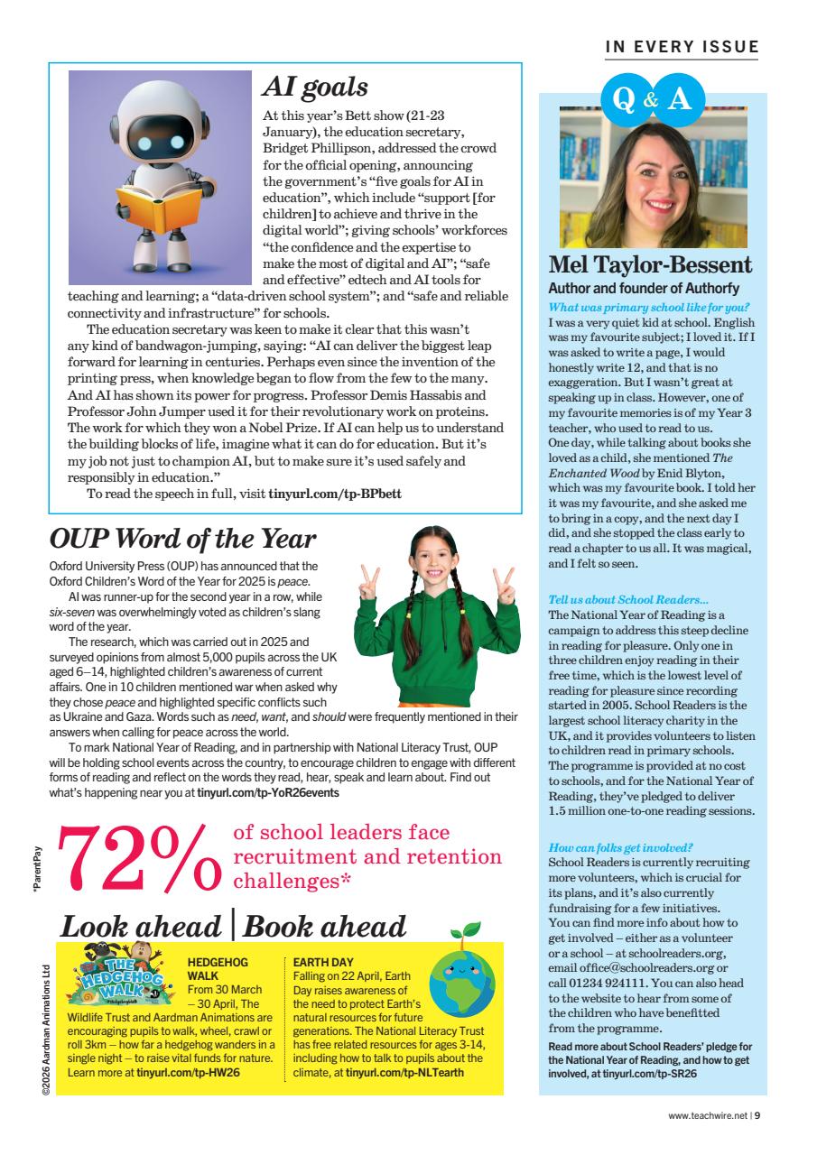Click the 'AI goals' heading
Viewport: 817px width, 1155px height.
[x=315, y=87]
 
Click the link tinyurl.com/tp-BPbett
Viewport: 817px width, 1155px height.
[x=335, y=494]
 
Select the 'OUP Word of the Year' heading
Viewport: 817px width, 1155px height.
[x=182, y=539]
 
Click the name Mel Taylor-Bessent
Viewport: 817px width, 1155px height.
[x=650, y=265]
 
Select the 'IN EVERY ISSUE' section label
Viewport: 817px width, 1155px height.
[x=682, y=47]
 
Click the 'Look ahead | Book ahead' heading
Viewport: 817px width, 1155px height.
[x=233, y=927]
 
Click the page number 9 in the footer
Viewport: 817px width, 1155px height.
[x=757, y=1114]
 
